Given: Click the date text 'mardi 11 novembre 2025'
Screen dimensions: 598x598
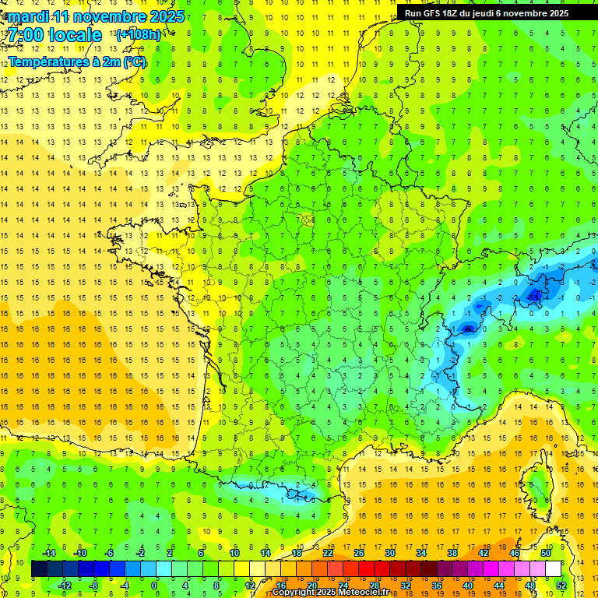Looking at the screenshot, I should coord(93,16).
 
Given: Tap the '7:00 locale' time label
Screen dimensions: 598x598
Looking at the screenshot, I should coord(53,35).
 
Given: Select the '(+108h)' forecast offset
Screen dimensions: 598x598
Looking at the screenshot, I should coord(138,35).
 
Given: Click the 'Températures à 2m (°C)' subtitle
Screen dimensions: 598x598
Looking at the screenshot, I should coord(76,62).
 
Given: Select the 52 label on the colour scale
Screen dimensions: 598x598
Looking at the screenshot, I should coord(561,586).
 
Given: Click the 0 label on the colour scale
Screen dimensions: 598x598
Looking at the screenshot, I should coord(154,586).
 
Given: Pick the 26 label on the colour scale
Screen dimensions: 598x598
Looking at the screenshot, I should coord(359,553).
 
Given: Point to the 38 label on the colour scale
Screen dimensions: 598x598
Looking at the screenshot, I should coord(452,553).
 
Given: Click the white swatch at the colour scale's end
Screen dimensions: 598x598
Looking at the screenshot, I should coord(553,569).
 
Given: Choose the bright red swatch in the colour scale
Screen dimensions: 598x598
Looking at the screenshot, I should coord(366,569).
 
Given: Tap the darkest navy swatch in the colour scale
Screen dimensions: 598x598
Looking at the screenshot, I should coord(39,569).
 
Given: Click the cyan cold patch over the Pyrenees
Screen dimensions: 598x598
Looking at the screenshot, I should coord(300,492).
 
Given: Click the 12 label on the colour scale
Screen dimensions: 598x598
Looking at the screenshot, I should coord(249,586).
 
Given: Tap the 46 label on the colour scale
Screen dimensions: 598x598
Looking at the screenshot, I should coord(515,553).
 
